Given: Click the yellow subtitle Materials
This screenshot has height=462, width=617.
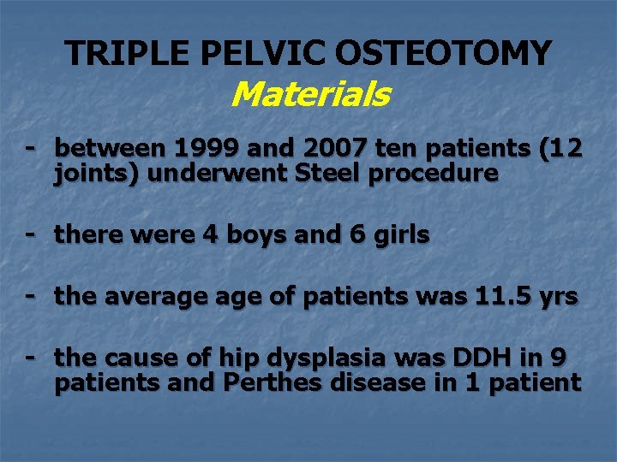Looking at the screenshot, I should [310, 94].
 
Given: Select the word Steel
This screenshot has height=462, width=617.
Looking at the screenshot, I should [332, 174].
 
